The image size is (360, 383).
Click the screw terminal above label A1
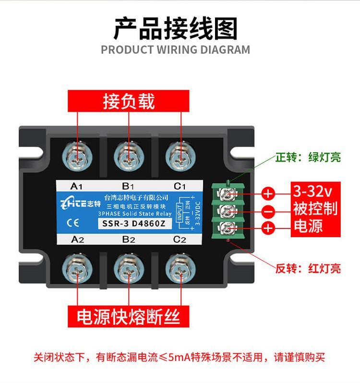77,156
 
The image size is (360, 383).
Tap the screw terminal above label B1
129,156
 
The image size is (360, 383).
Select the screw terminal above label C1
180,156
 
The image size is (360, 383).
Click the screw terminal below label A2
77,269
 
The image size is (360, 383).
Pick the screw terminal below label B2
129,269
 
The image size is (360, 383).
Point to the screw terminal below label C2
180,269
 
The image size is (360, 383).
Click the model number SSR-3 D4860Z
134,224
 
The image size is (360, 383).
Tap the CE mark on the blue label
73,223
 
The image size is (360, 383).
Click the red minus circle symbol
268,211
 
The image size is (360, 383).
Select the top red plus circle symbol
268,194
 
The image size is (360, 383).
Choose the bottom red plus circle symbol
268,228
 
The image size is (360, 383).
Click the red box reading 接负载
129,101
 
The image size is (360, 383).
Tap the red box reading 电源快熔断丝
129,316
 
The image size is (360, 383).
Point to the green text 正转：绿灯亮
308,157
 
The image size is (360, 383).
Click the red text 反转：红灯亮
308,268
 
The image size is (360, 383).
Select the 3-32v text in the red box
312,191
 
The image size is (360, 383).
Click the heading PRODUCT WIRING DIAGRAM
175,50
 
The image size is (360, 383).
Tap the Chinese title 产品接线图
176,29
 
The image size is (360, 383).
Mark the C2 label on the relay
180,239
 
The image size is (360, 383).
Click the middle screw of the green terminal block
228,211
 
